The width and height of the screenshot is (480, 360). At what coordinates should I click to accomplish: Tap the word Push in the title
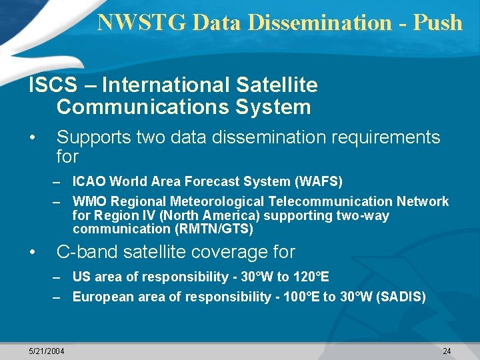(x=437, y=22)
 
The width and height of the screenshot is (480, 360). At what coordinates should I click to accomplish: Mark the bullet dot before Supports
(x=32, y=138)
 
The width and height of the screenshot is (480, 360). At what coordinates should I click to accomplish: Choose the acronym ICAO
(x=91, y=181)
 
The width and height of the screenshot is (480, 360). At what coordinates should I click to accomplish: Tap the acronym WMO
(x=90, y=201)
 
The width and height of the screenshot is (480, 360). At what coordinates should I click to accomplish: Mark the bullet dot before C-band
(x=32, y=253)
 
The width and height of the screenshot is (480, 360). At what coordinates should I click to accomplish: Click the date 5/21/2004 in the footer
(x=47, y=351)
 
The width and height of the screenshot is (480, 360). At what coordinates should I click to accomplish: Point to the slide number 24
(x=447, y=351)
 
